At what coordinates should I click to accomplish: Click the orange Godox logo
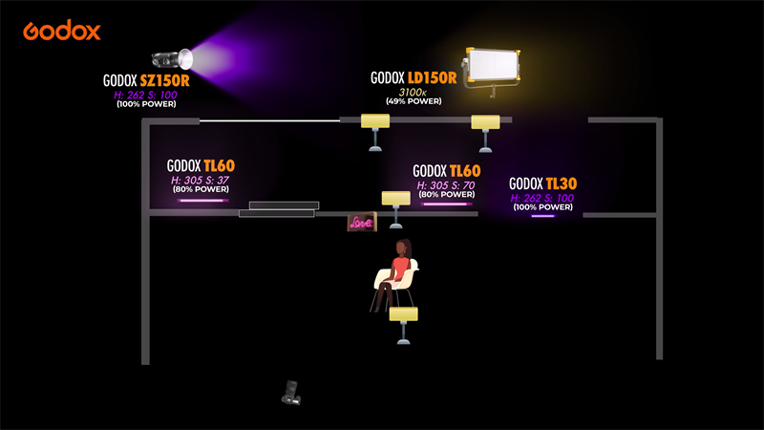62,31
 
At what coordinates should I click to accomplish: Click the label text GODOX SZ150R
146,81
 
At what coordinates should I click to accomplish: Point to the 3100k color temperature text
412,92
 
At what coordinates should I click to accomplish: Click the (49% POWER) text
412,101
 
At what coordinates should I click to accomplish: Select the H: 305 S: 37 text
200,180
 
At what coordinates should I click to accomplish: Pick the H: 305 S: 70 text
446,185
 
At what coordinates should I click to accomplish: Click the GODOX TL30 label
542,183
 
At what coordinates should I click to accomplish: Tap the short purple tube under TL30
542,216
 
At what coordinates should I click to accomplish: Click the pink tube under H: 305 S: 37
201,201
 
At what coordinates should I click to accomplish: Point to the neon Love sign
361,223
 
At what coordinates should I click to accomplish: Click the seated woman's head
404,247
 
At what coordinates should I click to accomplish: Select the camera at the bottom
292,391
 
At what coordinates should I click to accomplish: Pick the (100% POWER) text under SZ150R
146,103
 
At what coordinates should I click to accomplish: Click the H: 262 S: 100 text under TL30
542,198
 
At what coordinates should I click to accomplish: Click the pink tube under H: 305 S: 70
446,204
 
